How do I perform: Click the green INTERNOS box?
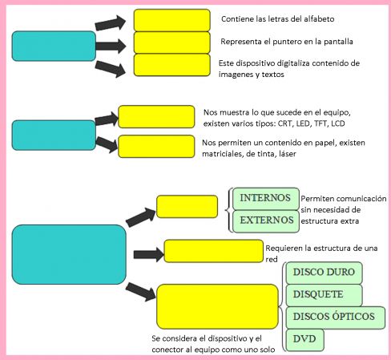pos(266,199)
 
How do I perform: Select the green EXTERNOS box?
pos(266,221)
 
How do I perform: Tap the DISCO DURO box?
pos(324,273)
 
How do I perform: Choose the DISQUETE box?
pos(324,295)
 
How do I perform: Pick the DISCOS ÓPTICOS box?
pos(336,318)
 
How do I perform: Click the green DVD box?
pos(304,340)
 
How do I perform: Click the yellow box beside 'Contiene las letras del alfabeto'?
pos(172,20)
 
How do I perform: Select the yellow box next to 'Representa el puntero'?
pos(172,42)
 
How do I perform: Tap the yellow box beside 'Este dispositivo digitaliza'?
pos(172,65)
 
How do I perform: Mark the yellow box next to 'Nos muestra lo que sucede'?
pos(156,117)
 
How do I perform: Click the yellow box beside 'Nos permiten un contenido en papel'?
pos(156,147)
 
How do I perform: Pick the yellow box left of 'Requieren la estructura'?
pos(214,251)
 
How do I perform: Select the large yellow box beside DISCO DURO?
pos(217,306)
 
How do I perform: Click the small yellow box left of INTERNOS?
pos(187,207)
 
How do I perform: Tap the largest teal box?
pos(69,254)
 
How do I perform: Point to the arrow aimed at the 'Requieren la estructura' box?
pos(148,254)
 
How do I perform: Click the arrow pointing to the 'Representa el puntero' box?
pos(111,46)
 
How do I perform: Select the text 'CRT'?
pos(285,123)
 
